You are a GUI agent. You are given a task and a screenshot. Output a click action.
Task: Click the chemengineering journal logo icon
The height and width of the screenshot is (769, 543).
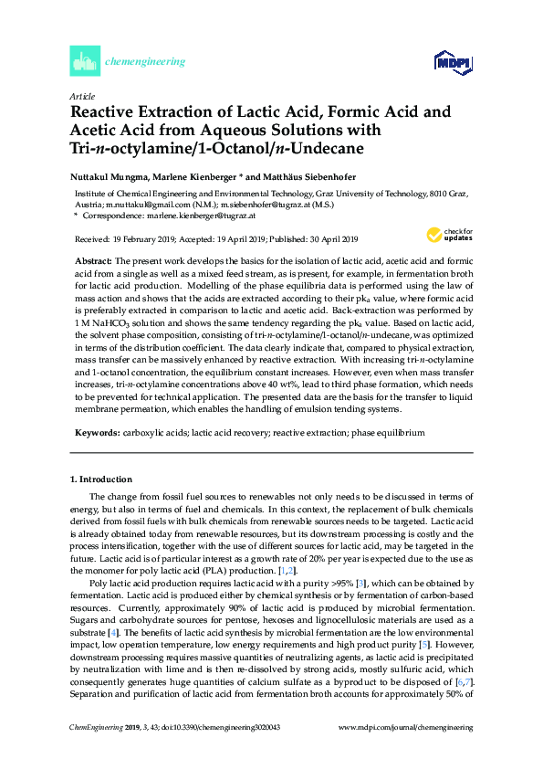click(84, 62)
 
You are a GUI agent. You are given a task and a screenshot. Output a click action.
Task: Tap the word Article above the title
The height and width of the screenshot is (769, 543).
click(82, 95)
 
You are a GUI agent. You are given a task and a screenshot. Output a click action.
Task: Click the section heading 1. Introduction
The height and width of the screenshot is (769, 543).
click(101, 479)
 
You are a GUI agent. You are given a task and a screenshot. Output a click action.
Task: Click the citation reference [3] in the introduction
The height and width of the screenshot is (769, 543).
click(362, 582)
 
